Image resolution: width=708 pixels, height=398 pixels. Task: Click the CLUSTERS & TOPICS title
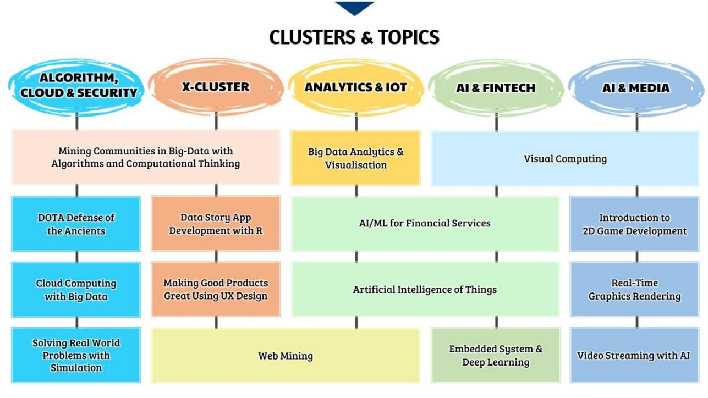(x=354, y=37)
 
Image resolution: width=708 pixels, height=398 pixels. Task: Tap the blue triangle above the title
(x=354, y=8)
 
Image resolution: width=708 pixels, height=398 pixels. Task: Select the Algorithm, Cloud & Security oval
(x=76, y=86)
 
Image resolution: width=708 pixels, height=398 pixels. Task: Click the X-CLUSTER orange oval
(x=216, y=86)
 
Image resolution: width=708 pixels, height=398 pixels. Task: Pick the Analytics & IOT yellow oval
(x=356, y=87)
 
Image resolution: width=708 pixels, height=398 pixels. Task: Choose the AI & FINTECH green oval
(x=496, y=87)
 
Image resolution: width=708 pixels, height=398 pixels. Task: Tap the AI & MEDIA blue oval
(x=636, y=87)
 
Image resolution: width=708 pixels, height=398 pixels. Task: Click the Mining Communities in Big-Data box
(x=146, y=157)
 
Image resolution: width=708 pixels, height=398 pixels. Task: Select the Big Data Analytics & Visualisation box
(x=355, y=158)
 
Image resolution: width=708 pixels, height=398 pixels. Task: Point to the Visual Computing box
(x=565, y=158)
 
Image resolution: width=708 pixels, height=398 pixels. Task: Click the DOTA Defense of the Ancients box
(x=76, y=224)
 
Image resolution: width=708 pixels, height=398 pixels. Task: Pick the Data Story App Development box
(x=216, y=223)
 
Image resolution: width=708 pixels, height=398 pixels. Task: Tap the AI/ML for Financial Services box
(x=425, y=224)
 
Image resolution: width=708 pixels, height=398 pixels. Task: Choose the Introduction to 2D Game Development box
(x=634, y=224)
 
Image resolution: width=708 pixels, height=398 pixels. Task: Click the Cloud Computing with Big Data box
(x=76, y=290)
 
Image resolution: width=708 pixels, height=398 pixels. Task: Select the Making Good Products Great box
(x=216, y=289)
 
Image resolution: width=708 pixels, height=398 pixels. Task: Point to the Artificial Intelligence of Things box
(x=425, y=289)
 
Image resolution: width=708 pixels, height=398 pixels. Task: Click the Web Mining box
(x=286, y=356)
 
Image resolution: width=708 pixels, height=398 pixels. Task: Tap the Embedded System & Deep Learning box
(x=496, y=355)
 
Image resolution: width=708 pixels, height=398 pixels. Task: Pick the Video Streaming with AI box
(x=634, y=355)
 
